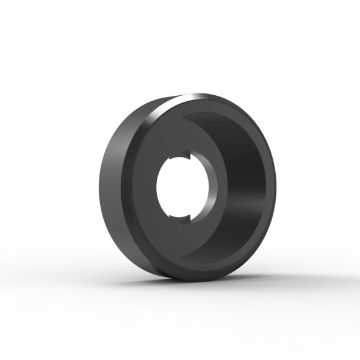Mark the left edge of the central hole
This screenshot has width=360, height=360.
click(158, 187)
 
